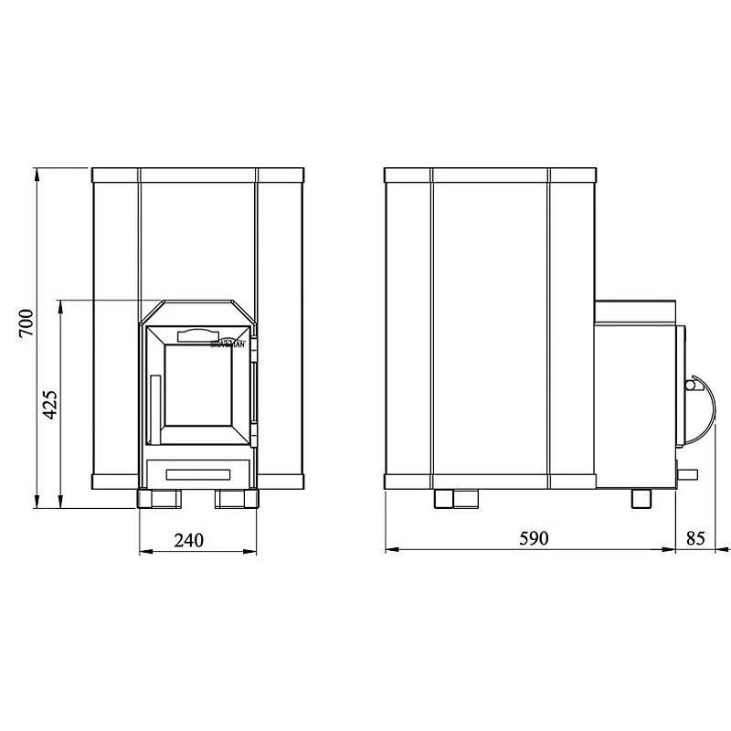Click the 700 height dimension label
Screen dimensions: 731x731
pyautogui.click(x=26, y=325)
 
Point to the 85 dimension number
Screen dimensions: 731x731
pyautogui.click(x=695, y=538)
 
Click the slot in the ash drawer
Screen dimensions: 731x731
pyautogui.click(x=198, y=472)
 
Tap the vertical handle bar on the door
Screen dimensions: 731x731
pyautogui.click(x=154, y=401)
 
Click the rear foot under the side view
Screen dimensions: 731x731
pyautogui.click(x=455, y=499)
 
